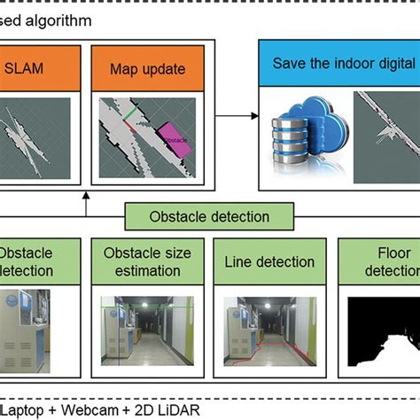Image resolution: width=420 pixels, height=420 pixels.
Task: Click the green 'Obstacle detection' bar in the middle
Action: (209, 216)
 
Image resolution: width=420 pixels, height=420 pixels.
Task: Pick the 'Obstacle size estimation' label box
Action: (147, 261)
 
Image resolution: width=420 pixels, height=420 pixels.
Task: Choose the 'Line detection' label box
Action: (269, 261)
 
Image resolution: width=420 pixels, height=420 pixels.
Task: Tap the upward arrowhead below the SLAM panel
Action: (86, 198)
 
